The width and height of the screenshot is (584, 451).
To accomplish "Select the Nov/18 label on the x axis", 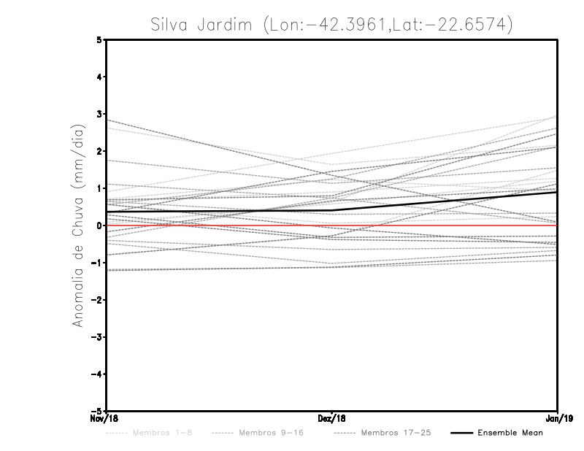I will [x=101, y=419].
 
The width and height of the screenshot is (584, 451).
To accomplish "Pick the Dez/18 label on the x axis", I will [x=332, y=419].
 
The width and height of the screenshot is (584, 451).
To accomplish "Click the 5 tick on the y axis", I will [x=99, y=39].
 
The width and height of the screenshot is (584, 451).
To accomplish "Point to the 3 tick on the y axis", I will [x=99, y=114].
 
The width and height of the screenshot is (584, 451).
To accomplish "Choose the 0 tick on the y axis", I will [x=99, y=225].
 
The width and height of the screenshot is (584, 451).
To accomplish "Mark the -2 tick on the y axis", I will [x=97, y=300].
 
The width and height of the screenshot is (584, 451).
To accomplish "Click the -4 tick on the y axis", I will [x=97, y=374].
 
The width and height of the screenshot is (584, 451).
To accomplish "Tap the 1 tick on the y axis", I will [x=99, y=188].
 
